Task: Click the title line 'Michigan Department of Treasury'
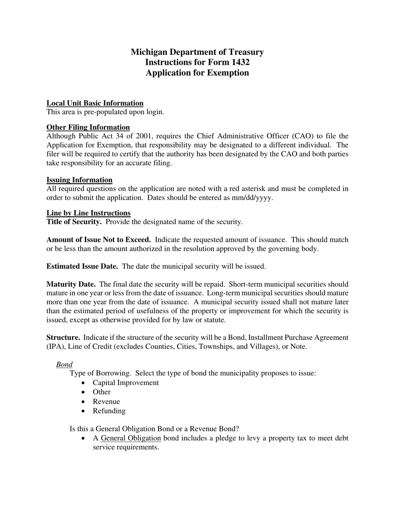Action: (197, 52)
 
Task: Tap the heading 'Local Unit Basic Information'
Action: (95, 103)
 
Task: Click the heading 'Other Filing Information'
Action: (88, 127)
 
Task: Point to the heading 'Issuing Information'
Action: (79, 180)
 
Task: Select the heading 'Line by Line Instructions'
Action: (89, 213)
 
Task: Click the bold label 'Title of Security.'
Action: (74, 222)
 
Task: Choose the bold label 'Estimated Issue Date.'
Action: (82, 266)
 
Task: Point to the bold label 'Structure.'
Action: (63, 337)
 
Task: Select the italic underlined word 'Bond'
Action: (64, 364)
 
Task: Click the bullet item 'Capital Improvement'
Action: (126, 383)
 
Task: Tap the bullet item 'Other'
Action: (101, 392)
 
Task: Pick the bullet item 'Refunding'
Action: (109, 411)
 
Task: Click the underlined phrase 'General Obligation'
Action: (131, 438)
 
